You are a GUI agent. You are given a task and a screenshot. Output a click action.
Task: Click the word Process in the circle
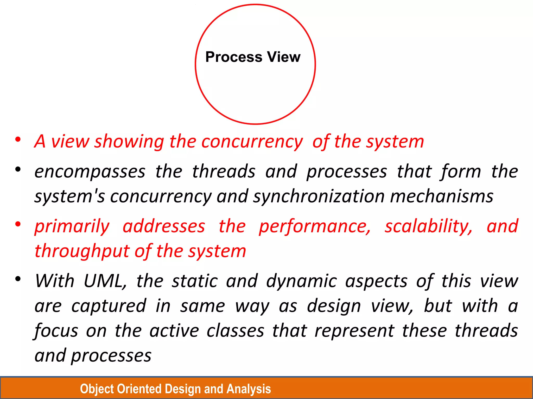tap(234, 57)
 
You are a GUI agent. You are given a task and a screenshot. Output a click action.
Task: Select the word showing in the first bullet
tap(129, 142)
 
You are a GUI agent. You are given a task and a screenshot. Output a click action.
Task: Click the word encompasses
tap(90, 172)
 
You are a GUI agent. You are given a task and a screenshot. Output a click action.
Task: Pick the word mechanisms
tap(442, 196)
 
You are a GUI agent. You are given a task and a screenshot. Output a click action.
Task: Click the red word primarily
tap(72, 227)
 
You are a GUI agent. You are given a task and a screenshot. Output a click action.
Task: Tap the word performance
tap(315, 227)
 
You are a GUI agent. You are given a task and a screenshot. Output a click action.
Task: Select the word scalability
tap(428, 227)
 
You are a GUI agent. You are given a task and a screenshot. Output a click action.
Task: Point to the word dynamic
tap(302, 281)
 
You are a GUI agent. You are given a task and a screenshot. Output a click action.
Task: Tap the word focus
tap(56, 331)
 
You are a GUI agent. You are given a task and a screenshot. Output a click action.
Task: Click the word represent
tap(354, 331)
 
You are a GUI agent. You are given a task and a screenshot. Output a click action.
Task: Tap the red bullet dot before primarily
tap(18, 224)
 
